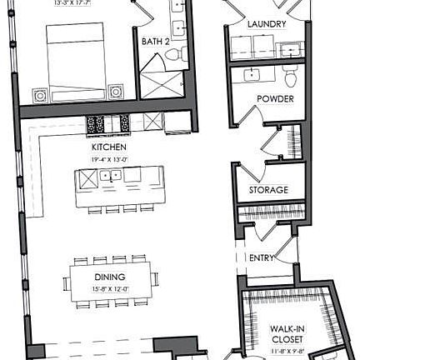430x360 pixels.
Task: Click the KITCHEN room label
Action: point(108,146)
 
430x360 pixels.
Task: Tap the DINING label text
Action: point(109,277)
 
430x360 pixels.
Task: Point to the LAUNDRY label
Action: point(267,25)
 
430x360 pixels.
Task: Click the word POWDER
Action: point(274,99)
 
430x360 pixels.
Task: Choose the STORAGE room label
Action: point(268,191)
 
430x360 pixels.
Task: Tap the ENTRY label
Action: point(261,258)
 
